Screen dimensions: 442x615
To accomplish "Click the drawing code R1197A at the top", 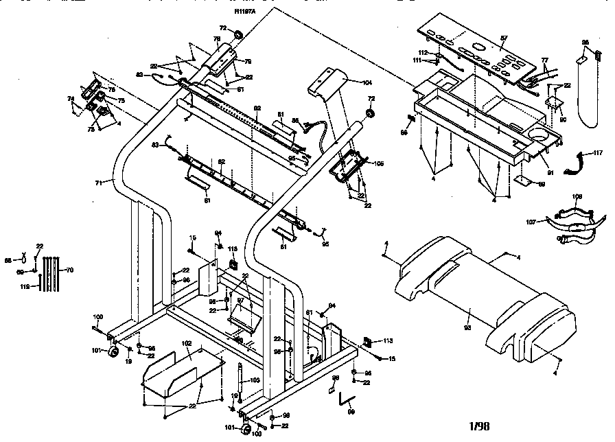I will point(244,12).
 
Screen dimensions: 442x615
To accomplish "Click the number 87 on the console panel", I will point(503,38).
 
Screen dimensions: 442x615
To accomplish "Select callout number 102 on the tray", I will point(186,342).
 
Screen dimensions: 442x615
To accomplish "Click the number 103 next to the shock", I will point(253,380).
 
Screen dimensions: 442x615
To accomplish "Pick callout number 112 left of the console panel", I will point(423,52).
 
